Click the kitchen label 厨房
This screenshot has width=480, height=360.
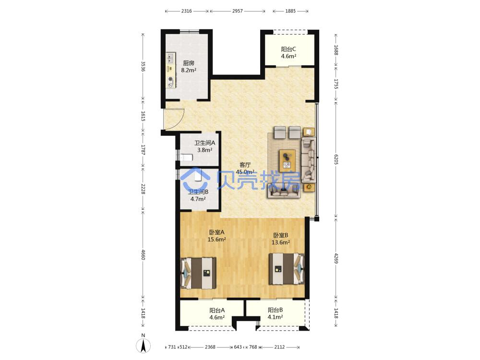(x=189, y=63)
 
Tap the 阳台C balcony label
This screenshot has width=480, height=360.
(x=288, y=49)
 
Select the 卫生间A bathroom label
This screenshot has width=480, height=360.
(x=204, y=143)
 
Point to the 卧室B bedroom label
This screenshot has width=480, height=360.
(x=280, y=235)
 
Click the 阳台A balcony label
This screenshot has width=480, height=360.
(x=217, y=311)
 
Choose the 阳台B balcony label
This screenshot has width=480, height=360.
(x=275, y=310)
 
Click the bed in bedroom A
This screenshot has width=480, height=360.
(x=198, y=273)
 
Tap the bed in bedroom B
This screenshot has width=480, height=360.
(x=287, y=269)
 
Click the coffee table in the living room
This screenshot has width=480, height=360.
(x=287, y=161)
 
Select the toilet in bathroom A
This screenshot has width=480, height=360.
(x=186, y=157)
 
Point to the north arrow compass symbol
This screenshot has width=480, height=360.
(x=143, y=344)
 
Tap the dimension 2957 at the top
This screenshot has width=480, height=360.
(x=238, y=11)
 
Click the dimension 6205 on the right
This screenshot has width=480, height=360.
(x=336, y=159)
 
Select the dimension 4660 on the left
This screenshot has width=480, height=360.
(x=143, y=254)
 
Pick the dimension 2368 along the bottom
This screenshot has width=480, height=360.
(x=210, y=347)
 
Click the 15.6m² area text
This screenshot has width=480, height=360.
(x=217, y=240)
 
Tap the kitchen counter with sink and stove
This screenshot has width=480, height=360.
(x=171, y=70)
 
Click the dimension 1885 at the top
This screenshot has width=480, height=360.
(x=290, y=11)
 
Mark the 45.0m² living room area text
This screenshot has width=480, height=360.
(x=245, y=172)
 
